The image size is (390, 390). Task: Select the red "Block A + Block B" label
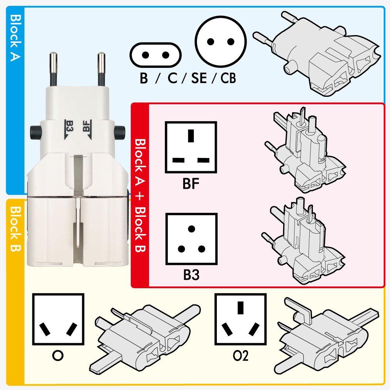pos(140,195)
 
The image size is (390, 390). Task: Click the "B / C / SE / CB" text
pos(188,78)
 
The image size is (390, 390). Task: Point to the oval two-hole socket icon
pos(156,55)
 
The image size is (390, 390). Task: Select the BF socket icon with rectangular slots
pos(191,147)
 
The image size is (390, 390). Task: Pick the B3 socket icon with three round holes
pos(191,239)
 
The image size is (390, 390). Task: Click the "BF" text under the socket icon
pos(191,183)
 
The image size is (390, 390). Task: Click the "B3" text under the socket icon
pos(191,275)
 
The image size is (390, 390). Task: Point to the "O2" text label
pos(240,356)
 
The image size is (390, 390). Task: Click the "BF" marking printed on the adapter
pos(87,129)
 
